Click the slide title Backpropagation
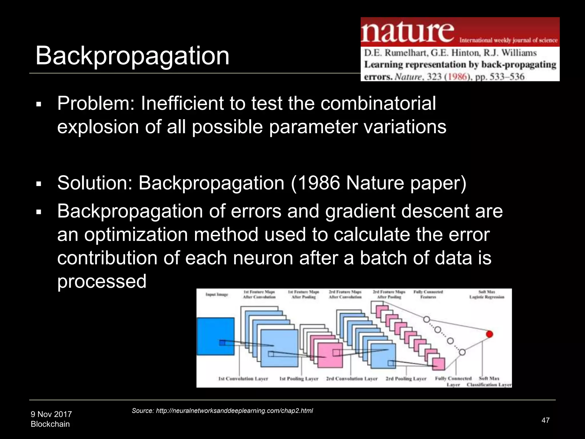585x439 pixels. point(132,56)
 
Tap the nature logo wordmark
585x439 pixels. point(408,32)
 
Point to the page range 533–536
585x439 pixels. point(507,77)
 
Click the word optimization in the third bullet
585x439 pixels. point(136,235)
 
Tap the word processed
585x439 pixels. point(102,281)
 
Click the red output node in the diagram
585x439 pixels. point(489,334)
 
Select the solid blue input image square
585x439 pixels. point(215,336)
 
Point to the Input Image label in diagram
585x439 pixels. point(217,294)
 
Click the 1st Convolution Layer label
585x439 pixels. point(243,379)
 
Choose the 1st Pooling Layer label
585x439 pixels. point(299,379)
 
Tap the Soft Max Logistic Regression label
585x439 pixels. point(487,294)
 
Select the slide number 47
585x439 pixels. point(545,420)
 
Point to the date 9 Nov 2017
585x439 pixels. point(51,414)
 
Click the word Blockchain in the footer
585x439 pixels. point(50,424)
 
